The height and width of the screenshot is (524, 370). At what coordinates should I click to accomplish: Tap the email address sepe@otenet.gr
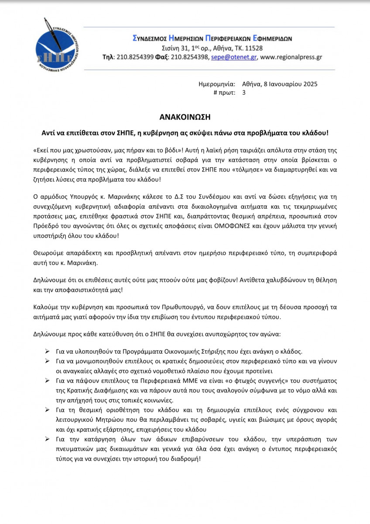234,57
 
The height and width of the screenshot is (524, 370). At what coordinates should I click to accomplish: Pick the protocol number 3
243,92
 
